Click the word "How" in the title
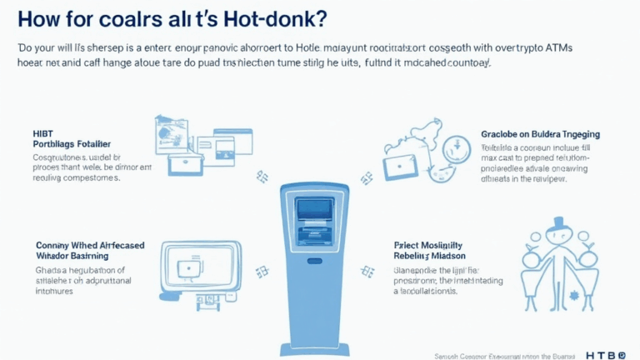point(40,18)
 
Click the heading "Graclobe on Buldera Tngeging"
point(540,133)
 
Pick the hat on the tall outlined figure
point(556,224)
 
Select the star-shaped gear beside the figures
point(575,296)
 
